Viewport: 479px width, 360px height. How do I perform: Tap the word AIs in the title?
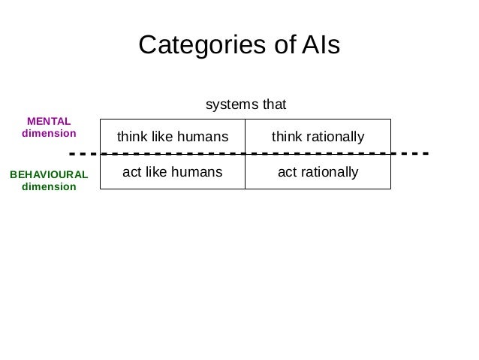coord(321,46)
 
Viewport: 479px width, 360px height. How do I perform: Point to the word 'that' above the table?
coord(273,104)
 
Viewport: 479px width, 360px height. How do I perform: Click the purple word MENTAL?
coord(49,121)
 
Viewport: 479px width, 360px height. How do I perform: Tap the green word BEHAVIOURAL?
coord(49,174)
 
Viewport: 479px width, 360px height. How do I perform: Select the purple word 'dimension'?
coord(49,134)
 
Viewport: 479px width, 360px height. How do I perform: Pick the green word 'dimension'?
coord(49,186)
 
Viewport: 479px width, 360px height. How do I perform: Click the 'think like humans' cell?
coord(173,137)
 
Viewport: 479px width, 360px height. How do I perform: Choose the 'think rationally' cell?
coord(318,137)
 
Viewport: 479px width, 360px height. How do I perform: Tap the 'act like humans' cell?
coord(173,172)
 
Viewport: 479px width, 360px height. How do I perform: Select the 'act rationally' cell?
coord(318,172)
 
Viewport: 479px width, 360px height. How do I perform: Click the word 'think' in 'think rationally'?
coord(285,137)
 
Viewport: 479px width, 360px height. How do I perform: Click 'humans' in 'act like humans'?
coord(197,172)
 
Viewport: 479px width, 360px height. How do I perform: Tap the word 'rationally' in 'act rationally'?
coord(329,172)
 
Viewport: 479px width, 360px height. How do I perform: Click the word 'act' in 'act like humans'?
coord(132,172)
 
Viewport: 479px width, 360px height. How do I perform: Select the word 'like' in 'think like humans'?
coord(163,137)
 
